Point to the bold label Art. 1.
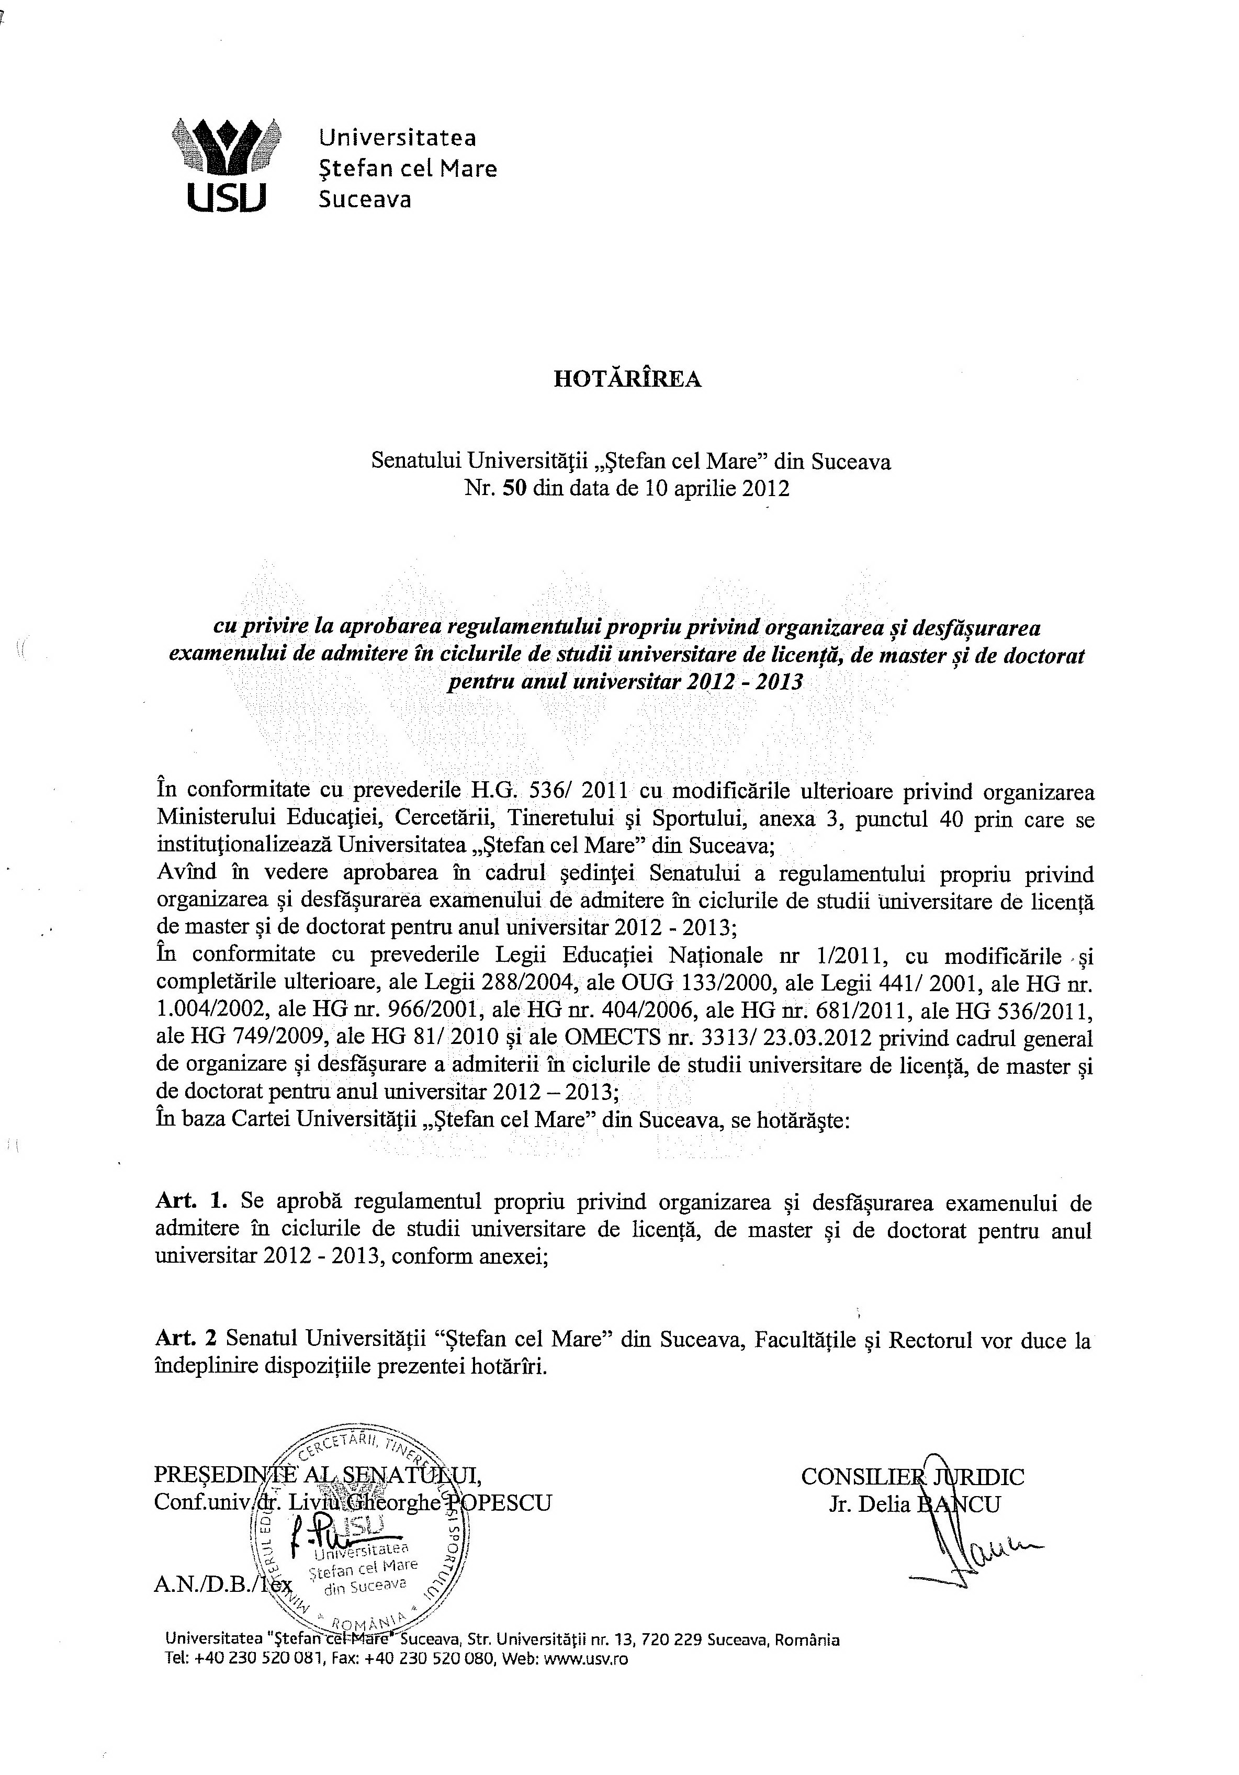tap(192, 1201)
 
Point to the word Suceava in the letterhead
tap(365, 199)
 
